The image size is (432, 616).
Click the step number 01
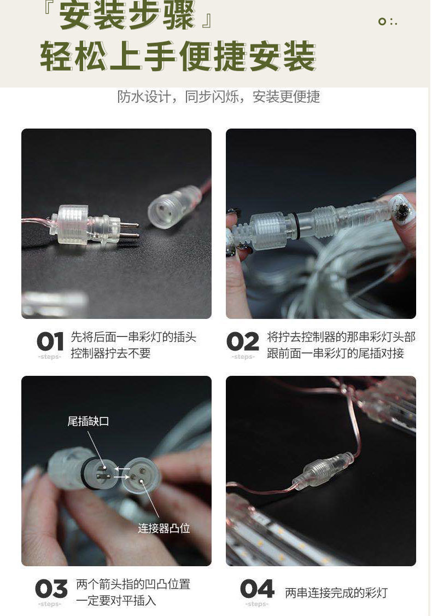pos(50,342)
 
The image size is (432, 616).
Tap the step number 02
pos(243,342)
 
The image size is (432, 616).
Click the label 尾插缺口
pos(88,421)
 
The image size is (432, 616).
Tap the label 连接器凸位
pos(164,528)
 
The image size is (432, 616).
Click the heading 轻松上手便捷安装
pos(178,57)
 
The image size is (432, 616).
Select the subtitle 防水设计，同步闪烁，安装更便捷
pos(218,97)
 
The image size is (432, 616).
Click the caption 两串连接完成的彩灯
pos(336,593)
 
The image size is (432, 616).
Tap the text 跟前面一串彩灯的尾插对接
pos(335,353)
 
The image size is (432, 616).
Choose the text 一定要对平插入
pos(116,600)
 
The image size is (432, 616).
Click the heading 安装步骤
pos(126,17)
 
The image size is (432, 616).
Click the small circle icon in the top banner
pos(382,21)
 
